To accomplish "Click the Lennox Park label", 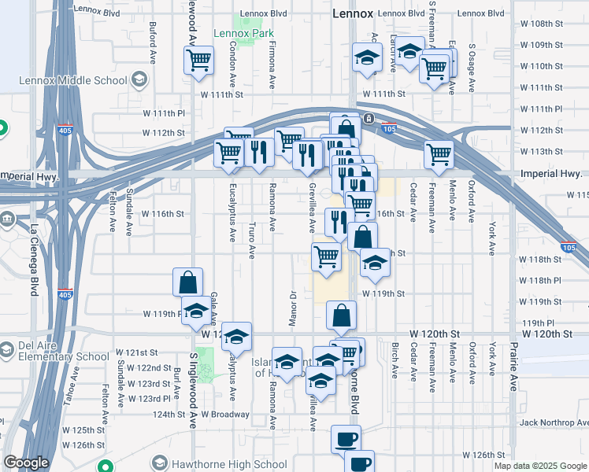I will point(243,34).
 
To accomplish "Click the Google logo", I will point(26,463).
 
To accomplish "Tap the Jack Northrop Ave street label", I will point(551,422).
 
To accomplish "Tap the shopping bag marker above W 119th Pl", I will point(189,282).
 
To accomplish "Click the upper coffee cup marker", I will point(345,439).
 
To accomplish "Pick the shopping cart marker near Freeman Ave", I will point(439,154).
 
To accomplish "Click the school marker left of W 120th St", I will point(236,337).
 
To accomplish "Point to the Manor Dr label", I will point(292,308).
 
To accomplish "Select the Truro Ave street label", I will point(252,242).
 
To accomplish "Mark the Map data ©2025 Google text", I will point(540,466).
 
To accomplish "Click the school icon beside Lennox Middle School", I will point(139,80).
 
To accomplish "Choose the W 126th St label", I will point(483,455).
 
